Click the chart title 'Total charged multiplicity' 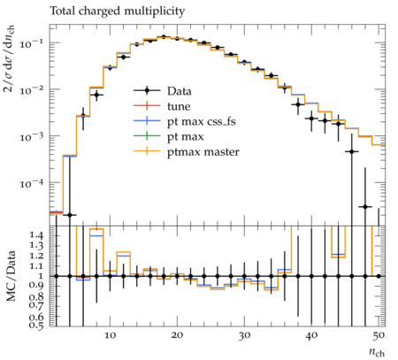(118, 11)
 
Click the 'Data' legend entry (180, 91)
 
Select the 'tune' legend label (179, 106)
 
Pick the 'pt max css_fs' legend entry (202, 121)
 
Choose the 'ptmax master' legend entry (203, 152)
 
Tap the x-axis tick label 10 (110, 335)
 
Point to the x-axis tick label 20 (177, 335)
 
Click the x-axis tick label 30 (244, 335)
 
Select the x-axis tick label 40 (311, 335)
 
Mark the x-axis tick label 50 (379, 335)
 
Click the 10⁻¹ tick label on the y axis (31, 43)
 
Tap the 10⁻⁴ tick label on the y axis (31, 184)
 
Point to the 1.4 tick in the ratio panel (36, 235)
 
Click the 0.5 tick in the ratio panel (36, 326)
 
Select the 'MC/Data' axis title (11, 276)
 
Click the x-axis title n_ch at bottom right (377, 352)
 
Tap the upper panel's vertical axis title (10, 58)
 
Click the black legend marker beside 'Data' (147, 90)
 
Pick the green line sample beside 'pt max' (147, 136)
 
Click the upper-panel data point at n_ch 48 (365, 207)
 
